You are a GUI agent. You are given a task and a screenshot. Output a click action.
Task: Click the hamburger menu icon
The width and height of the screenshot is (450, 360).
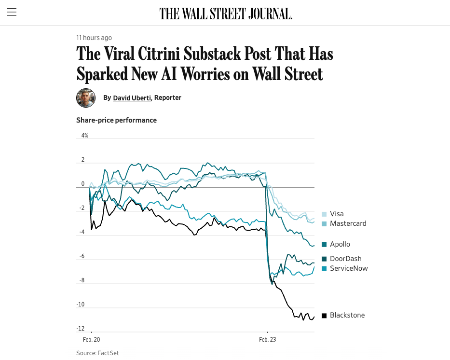point(12,13)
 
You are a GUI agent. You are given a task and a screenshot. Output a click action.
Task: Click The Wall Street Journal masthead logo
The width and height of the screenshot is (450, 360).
point(226,14)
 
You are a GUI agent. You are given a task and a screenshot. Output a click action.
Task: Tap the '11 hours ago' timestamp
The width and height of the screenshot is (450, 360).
point(94,38)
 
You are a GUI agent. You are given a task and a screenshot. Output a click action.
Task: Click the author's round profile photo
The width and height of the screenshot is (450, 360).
point(86,98)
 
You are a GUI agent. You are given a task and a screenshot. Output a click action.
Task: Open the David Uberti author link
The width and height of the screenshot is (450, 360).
point(132,98)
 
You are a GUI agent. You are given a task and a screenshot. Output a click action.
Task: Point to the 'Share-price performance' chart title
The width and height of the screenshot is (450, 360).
point(116,120)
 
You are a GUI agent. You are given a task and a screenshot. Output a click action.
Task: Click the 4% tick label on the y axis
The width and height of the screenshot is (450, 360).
point(84,136)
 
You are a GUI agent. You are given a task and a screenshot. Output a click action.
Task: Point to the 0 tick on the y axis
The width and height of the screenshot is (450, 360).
point(83,184)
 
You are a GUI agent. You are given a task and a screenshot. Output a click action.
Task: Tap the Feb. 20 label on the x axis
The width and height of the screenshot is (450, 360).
point(91,340)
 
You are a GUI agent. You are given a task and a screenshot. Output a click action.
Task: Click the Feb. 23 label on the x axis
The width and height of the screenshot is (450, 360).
point(267,340)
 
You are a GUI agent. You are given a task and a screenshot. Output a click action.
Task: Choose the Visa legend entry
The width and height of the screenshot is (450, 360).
point(336,214)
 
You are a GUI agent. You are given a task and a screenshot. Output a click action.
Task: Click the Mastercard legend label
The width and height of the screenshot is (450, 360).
point(348,223)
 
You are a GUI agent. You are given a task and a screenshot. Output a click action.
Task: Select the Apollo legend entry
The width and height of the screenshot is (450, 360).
point(340,244)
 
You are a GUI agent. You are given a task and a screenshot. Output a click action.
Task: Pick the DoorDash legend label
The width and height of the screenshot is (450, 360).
point(345,259)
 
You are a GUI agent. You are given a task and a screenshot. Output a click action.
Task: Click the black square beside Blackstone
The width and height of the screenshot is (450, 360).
point(324,316)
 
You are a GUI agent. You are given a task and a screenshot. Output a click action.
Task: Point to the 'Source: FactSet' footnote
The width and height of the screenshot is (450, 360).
point(97,353)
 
